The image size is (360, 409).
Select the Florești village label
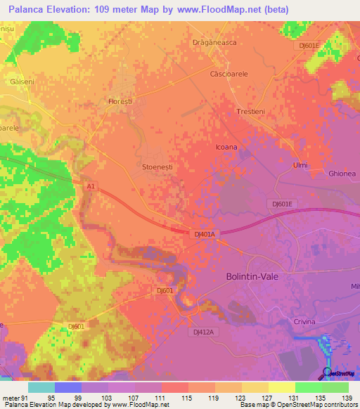[x=120, y=102]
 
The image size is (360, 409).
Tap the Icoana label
[x=226, y=148]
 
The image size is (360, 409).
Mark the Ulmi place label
[x=300, y=165]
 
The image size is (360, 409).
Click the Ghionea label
[x=342, y=173]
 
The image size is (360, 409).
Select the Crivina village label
[x=303, y=320]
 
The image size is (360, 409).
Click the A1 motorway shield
[x=90, y=186]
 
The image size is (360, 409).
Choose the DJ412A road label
[x=202, y=331]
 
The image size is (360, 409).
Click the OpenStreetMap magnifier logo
[x=328, y=372]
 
